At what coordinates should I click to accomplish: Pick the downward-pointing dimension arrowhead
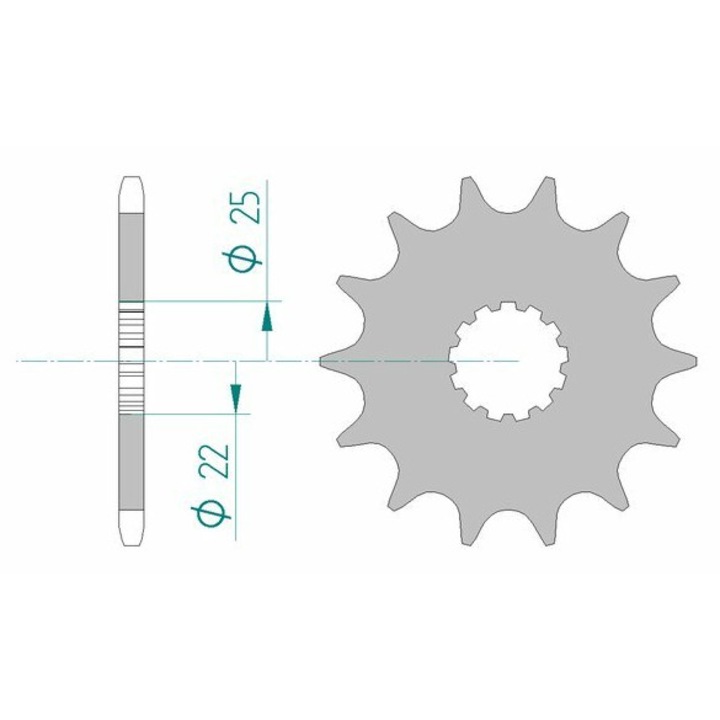pyautogui.click(x=236, y=398)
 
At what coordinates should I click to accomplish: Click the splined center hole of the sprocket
pyautogui.click(x=508, y=361)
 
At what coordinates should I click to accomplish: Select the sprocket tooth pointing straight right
pyautogui.click(x=674, y=361)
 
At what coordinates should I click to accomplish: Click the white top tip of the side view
pyautogui.click(x=131, y=195)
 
